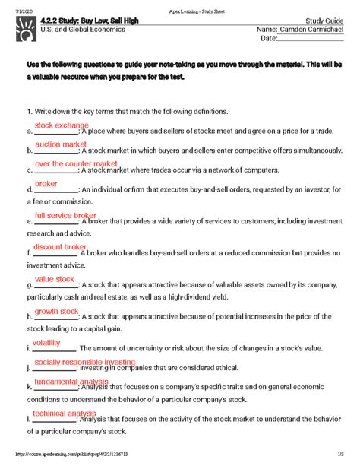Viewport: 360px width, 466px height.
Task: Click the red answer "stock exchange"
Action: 62,125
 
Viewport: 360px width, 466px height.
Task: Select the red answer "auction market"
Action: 61,144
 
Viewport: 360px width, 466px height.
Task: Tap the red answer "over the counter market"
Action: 76,163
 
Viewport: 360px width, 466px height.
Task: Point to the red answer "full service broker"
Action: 65,216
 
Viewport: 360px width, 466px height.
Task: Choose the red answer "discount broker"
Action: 60,247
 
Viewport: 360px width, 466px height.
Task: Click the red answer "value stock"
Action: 55,279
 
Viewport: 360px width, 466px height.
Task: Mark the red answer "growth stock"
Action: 56,312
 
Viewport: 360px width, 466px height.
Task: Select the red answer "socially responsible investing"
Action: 84,363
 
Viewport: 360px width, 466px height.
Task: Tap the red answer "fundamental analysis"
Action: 71,382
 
